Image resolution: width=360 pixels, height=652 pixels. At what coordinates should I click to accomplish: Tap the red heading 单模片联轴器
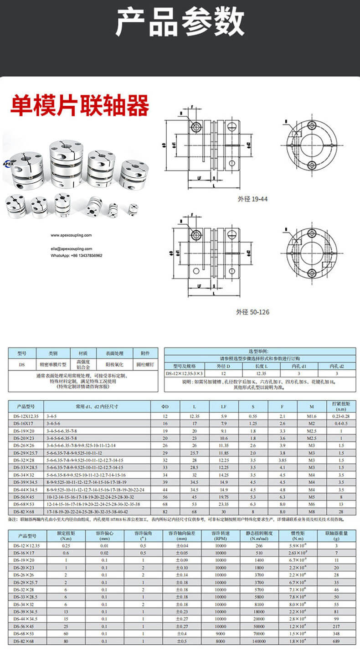(80, 105)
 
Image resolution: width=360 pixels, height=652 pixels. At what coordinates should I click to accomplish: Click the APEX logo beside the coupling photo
(8, 163)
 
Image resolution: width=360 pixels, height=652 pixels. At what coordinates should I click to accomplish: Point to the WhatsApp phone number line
(76, 255)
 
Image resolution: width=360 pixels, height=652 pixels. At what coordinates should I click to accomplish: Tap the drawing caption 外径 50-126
(252, 312)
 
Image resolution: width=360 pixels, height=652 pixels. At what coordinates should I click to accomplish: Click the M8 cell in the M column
(312, 512)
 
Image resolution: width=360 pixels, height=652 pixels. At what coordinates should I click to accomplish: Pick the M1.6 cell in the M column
(312, 416)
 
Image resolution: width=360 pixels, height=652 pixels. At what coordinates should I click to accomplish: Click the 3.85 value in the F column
(283, 461)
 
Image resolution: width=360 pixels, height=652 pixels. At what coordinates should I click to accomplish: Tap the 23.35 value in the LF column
(224, 504)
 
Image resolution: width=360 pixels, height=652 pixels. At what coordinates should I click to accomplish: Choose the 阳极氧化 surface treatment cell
(113, 365)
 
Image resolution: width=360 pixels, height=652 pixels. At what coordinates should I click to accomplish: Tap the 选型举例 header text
(260, 352)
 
